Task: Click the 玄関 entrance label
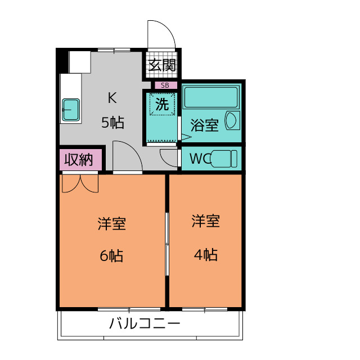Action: pyautogui.click(x=162, y=65)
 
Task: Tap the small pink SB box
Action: pyautogui.click(x=164, y=85)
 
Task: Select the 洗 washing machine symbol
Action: pyautogui.click(x=163, y=105)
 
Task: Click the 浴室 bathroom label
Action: pyautogui.click(x=204, y=125)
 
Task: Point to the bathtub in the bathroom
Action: pyautogui.click(x=211, y=97)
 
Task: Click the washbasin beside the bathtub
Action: pyautogui.click(x=232, y=120)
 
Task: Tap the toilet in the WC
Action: pyautogui.click(x=223, y=159)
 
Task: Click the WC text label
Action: pyautogui.click(x=197, y=159)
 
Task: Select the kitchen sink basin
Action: pyautogui.click(x=71, y=108)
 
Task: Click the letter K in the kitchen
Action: pyautogui.click(x=112, y=98)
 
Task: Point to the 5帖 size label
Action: pyautogui.click(x=112, y=122)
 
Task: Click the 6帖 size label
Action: pyautogui.click(x=111, y=255)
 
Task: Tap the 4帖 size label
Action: pyautogui.click(x=205, y=254)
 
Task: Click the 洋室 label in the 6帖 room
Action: pyautogui.click(x=111, y=224)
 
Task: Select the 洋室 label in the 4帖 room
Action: pyautogui.click(x=205, y=220)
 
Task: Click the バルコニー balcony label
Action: pyautogui.click(x=145, y=325)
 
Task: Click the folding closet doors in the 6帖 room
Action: pyautogui.click(x=79, y=183)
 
